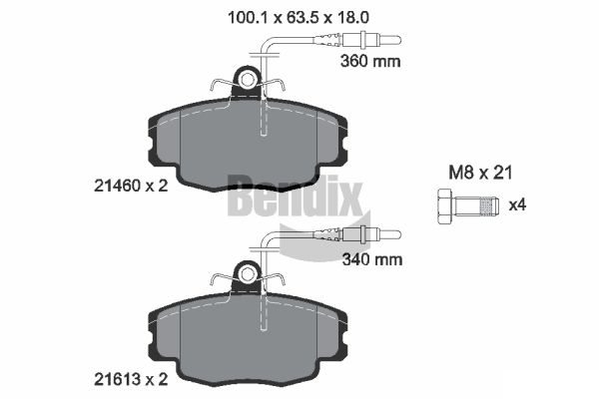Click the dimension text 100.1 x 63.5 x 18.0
[298, 18]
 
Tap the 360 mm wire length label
[370, 61]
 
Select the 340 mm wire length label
[372, 259]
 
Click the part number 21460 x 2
[131, 186]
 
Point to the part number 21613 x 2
[131, 380]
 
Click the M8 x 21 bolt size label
[480, 173]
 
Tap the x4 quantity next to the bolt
[517, 205]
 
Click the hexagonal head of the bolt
[443, 206]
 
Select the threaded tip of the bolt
[490, 206]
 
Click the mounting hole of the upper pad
[248, 80]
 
